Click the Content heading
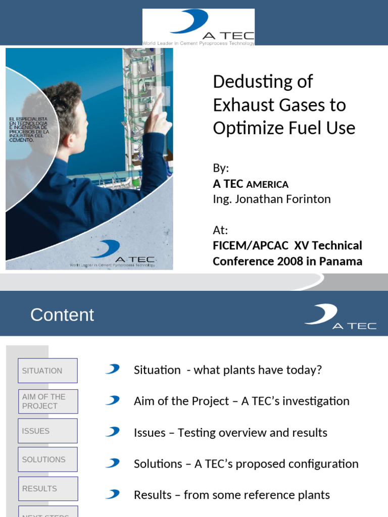62,315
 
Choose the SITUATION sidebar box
47,371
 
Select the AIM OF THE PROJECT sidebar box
47,401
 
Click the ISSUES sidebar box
47,431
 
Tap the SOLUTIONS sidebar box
47,459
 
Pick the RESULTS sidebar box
47,489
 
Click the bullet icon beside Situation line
112,370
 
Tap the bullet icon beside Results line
112,494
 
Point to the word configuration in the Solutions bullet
328,464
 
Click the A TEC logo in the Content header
339,317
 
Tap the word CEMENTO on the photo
21,140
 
